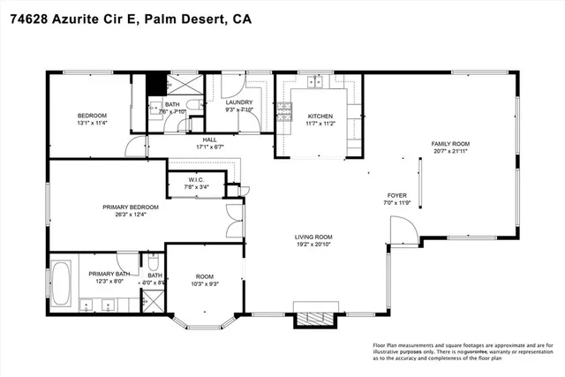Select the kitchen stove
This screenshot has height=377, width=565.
285,111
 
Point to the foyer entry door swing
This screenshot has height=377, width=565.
399,233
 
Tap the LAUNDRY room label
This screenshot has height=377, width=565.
239,102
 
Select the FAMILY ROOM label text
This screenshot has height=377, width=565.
450,143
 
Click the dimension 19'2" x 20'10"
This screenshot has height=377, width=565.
313,245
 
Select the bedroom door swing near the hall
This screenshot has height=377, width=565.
132,146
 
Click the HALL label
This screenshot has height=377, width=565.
209,139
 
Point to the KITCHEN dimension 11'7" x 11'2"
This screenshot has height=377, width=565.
319,124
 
